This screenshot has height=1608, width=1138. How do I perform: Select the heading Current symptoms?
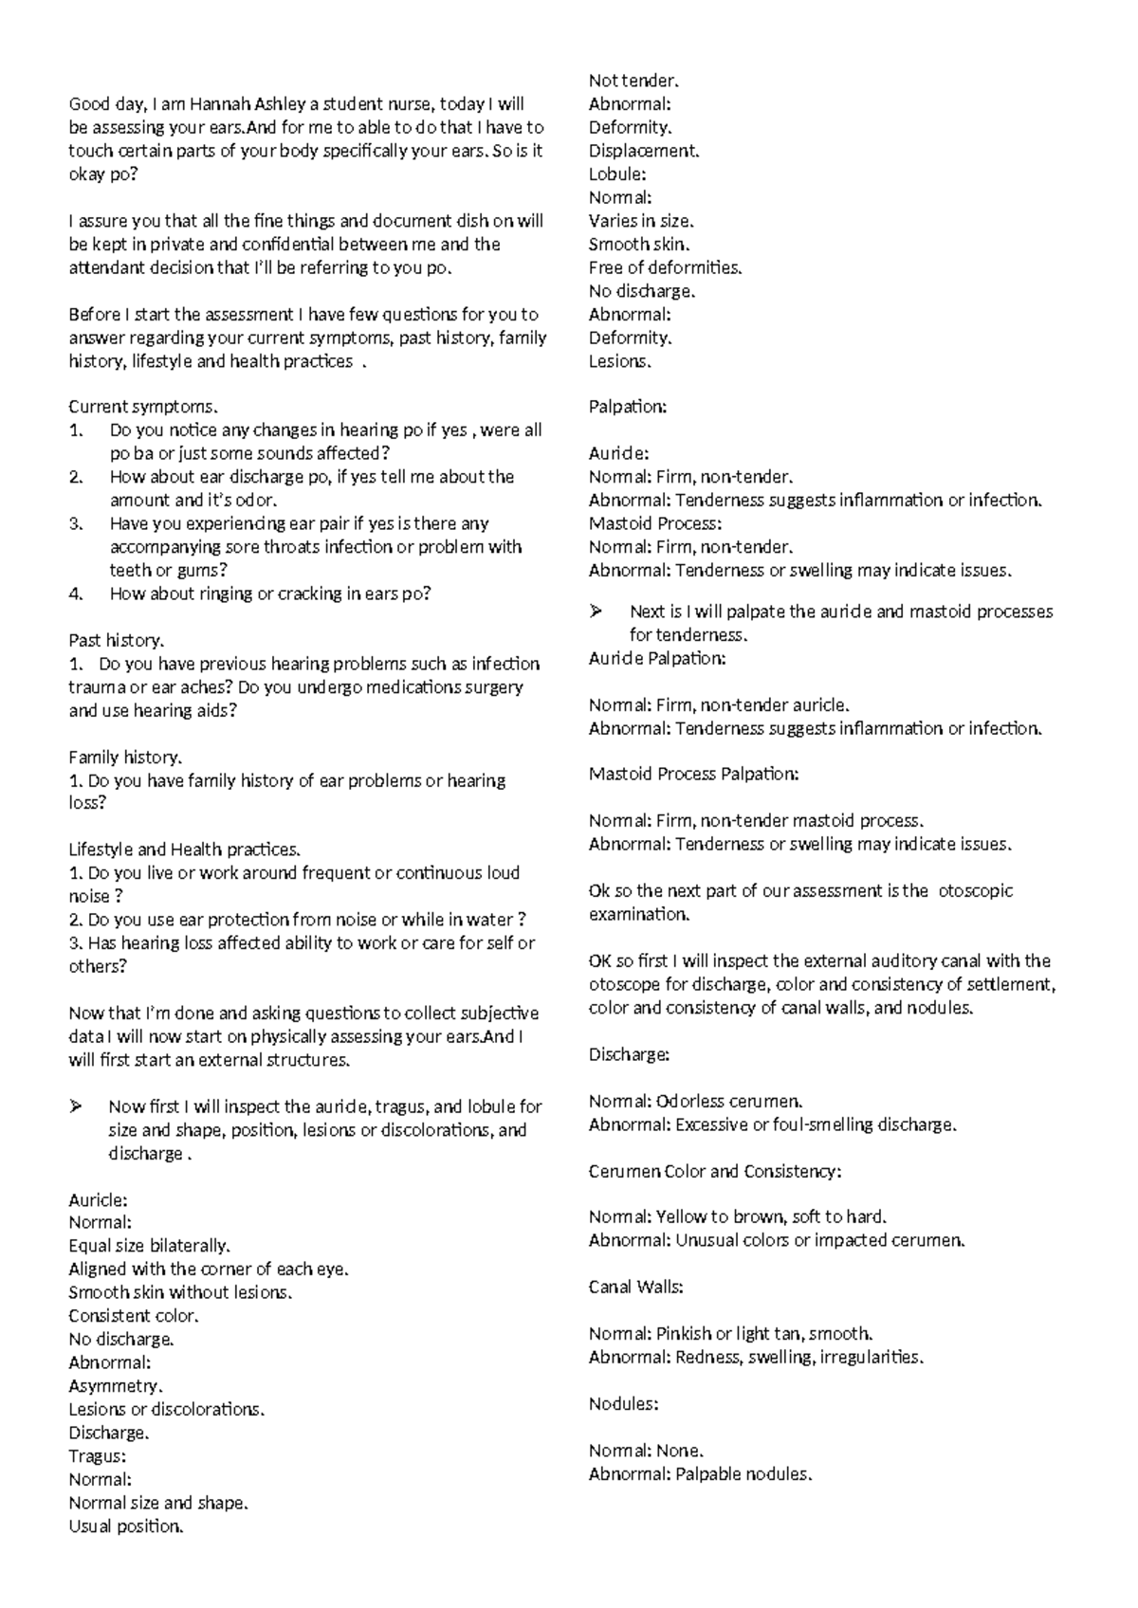[x=143, y=407]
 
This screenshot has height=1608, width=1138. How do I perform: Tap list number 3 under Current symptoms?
[x=76, y=523]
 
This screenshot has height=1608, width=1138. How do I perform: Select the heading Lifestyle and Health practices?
[x=185, y=850]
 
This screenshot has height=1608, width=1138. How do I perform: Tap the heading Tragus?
[x=97, y=1456]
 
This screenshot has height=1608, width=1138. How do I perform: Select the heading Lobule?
[x=616, y=174]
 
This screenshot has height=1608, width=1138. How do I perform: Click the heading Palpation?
[x=627, y=407]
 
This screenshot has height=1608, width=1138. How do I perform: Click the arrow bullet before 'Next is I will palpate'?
[x=597, y=612]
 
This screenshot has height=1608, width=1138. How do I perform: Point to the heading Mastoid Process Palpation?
[x=693, y=774]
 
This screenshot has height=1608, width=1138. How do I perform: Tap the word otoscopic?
[x=975, y=891]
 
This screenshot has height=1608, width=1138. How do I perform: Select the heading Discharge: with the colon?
[x=629, y=1054]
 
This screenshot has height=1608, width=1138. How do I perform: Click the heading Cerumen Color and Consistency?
[x=714, y=1171]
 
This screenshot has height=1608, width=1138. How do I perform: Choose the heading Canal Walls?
[x=635, y=1288]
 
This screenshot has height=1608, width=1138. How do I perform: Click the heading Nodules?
[x=623, y=1404]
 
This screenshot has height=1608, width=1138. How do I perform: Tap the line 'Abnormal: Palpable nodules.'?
[x=700, y=1474]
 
